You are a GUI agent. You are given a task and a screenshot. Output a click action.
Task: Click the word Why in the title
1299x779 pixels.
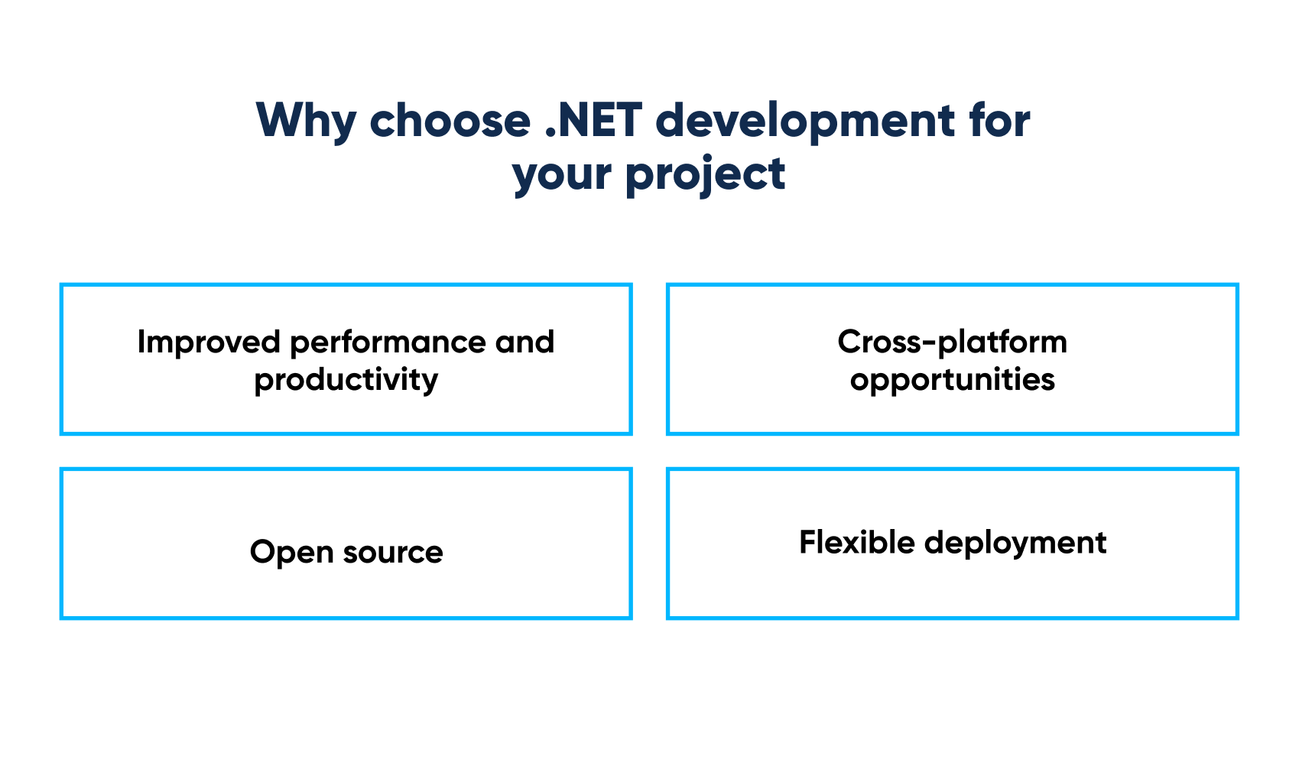tap(306, 121)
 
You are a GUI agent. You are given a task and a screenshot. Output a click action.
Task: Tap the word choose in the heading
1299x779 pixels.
tap(450, 121)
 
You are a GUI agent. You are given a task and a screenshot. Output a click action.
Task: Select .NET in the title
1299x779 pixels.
tap(593, 121)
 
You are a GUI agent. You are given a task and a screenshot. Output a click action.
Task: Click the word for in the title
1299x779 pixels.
tap(999, 121)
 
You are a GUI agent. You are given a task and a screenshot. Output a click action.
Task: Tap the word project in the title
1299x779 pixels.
tap(705, 174)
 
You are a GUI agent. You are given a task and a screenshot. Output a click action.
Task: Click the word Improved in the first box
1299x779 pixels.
tap(209, 342)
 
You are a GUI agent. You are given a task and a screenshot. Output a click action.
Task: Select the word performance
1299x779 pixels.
tap(388, 342)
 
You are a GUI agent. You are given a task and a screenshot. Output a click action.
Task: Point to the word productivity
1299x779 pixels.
tap(346, 379)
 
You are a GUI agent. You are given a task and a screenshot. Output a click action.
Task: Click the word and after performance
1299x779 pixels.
tap(524, 342)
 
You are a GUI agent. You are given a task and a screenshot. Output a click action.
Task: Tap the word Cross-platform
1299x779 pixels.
tap(952, 342)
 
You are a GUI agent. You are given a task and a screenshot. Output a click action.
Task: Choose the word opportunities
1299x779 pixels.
tap(952, 379)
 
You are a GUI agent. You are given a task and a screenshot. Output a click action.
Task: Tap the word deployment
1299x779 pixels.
tap(1015, 543)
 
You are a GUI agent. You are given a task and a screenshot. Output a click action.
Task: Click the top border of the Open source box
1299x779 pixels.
tap(346, 469)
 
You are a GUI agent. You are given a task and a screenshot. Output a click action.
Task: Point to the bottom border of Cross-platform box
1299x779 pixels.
tap(952, 433)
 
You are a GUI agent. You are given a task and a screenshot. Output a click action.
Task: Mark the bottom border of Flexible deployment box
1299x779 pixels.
tap(952, 617)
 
